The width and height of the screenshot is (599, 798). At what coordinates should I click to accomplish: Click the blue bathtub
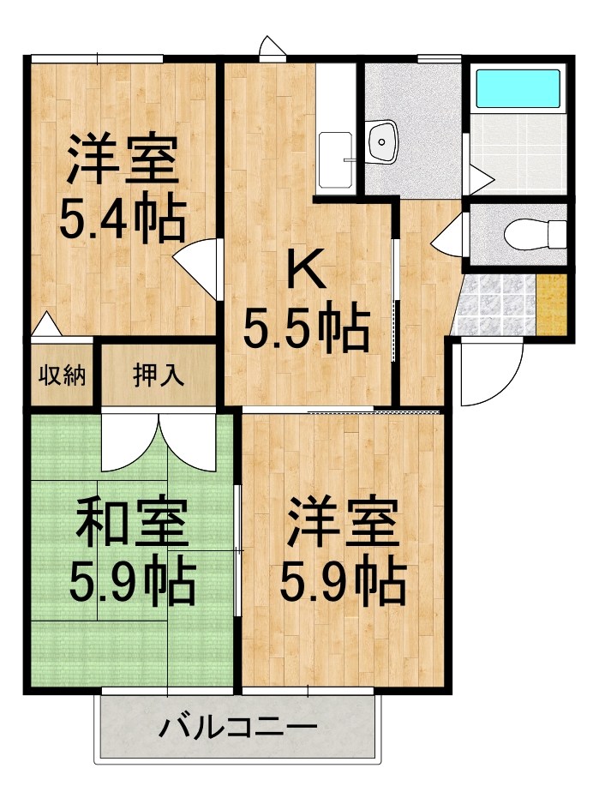(517, 87)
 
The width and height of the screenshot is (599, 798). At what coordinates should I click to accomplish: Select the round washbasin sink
(381, 141)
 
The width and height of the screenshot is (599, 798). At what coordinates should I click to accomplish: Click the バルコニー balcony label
(237, 730)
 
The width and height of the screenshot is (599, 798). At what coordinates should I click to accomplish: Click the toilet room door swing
(450, 232)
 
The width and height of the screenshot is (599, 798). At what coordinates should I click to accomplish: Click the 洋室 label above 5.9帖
(342, 525)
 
